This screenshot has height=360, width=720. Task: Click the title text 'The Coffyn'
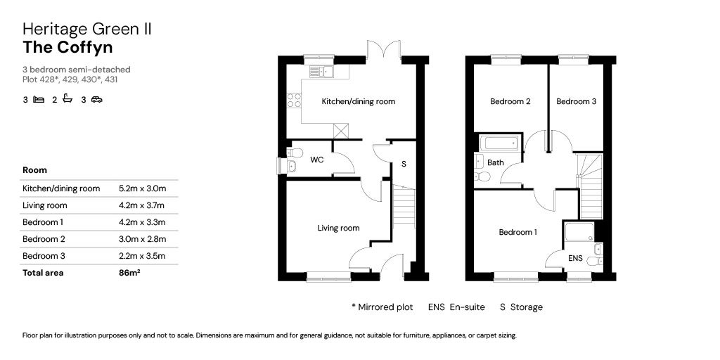tap(67, 47)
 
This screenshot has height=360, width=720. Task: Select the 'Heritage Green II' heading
tap(87, 29)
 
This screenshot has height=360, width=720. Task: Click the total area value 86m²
tap(129, 273)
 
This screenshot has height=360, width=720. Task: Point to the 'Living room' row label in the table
tap(45, 205)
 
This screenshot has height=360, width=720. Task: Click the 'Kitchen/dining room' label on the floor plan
tap(358, 101)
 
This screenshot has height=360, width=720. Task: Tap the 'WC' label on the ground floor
tap(316, 160)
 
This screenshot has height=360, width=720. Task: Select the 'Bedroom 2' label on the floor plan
tap(510, 101)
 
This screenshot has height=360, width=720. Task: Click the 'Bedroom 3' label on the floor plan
tap(576, 101)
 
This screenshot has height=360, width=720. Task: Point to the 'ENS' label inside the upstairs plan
tap(574, 259)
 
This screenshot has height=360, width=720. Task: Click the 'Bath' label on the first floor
tap(496, 162)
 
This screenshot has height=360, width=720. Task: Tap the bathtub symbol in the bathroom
tap(500, 143)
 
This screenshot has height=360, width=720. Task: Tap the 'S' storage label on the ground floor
tap(404, 164)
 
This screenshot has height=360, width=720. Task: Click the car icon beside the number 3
tap(96, 100)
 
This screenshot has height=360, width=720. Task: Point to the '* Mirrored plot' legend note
tap(382, 307)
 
